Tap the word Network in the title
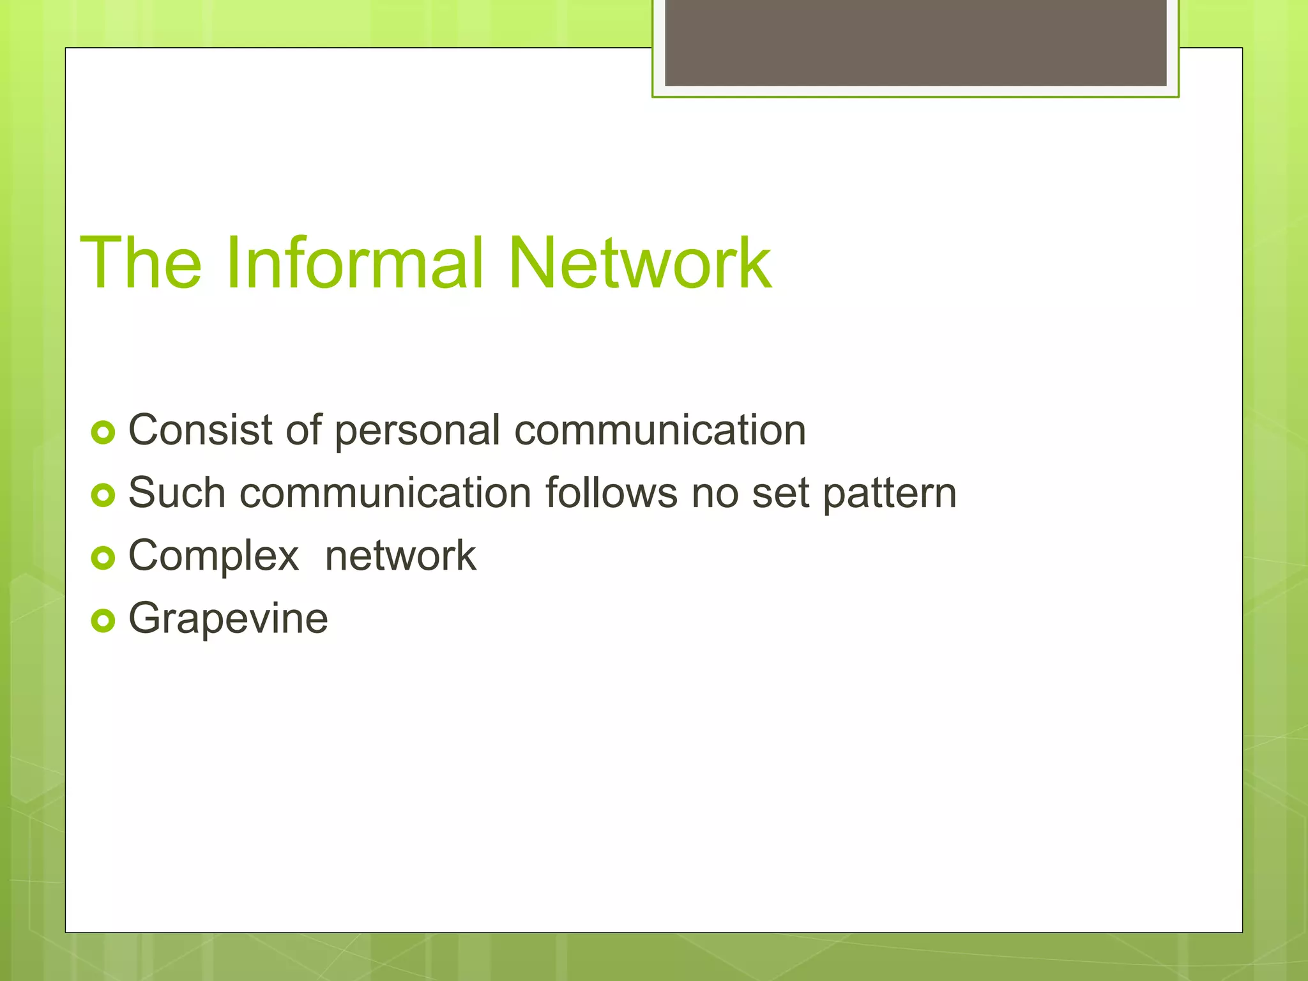(x=639, y=262)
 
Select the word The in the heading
(x=141, y=262)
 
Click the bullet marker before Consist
(x=103, y=432)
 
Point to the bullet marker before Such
(x=103, y=495)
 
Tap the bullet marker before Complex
(x=103, y=558)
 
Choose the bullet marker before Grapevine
(x=103, y=620)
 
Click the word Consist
(x=201, y=429)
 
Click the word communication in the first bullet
(x=660, y=429)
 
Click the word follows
(x=611, y=492)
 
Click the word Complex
(x=213, y=556)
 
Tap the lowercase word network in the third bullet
(x=400, y=555)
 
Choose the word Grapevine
(x=228, y=619)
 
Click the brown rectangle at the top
(x=915, y=42)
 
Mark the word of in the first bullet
(x=303, y=429)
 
